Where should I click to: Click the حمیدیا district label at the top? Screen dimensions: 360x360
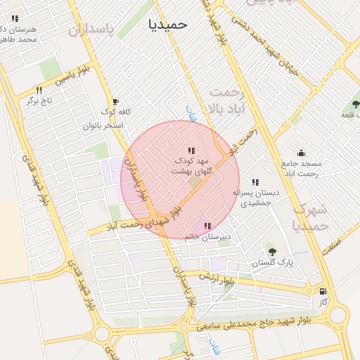168,25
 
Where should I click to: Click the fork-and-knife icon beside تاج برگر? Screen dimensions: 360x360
39,90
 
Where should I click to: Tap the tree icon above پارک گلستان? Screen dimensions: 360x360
272,252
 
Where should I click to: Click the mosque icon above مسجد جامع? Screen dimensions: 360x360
301,153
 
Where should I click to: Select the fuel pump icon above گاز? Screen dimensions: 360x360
323,291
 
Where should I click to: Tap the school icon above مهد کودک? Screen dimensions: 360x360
191,150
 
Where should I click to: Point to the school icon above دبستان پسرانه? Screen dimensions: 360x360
255,182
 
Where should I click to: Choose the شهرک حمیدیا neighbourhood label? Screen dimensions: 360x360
309,217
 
